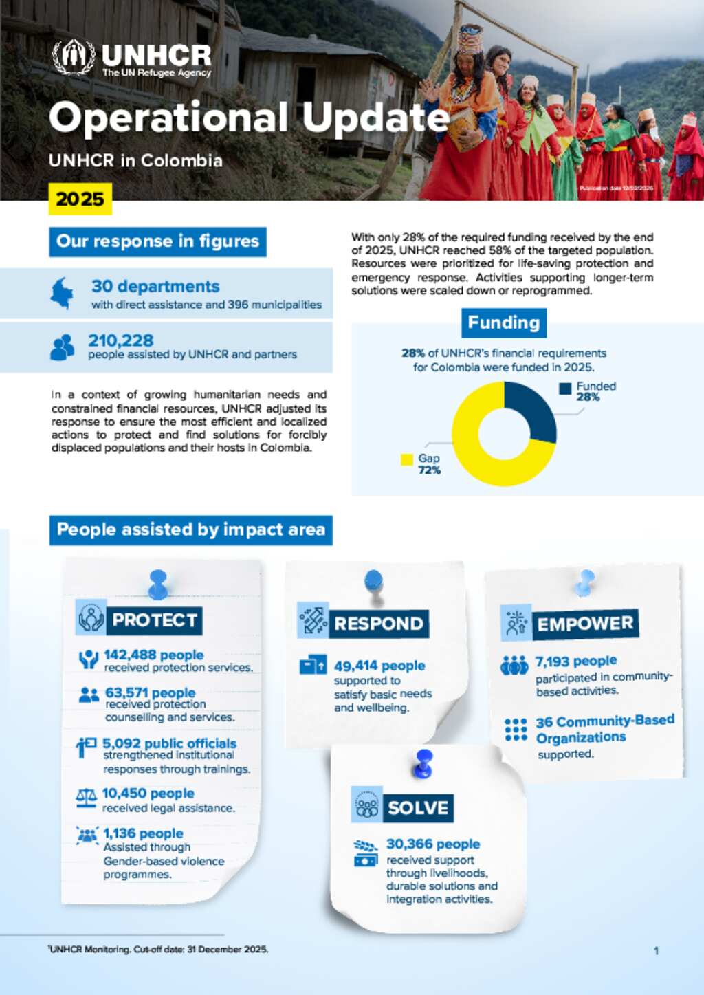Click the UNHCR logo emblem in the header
coord(74,57)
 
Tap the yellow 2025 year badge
coord(80,199)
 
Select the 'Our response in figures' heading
coord(157,241)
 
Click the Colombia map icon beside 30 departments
coord(62,293)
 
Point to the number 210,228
coord(121,340)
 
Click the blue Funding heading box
coord(504,322)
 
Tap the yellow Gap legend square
coord(407,459)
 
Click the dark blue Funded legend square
coord(565,389)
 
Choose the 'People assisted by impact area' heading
coord(190,530)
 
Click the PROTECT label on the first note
coord(155,620)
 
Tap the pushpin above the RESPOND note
coord(374,581)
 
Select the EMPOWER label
coord(584,624)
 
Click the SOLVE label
coord(417,807)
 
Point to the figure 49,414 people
coord(379,666)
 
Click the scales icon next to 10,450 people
coord(87,798)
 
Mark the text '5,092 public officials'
coord(169,743)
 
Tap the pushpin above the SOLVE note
coord(424,763)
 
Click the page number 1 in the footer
coord(656,951)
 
